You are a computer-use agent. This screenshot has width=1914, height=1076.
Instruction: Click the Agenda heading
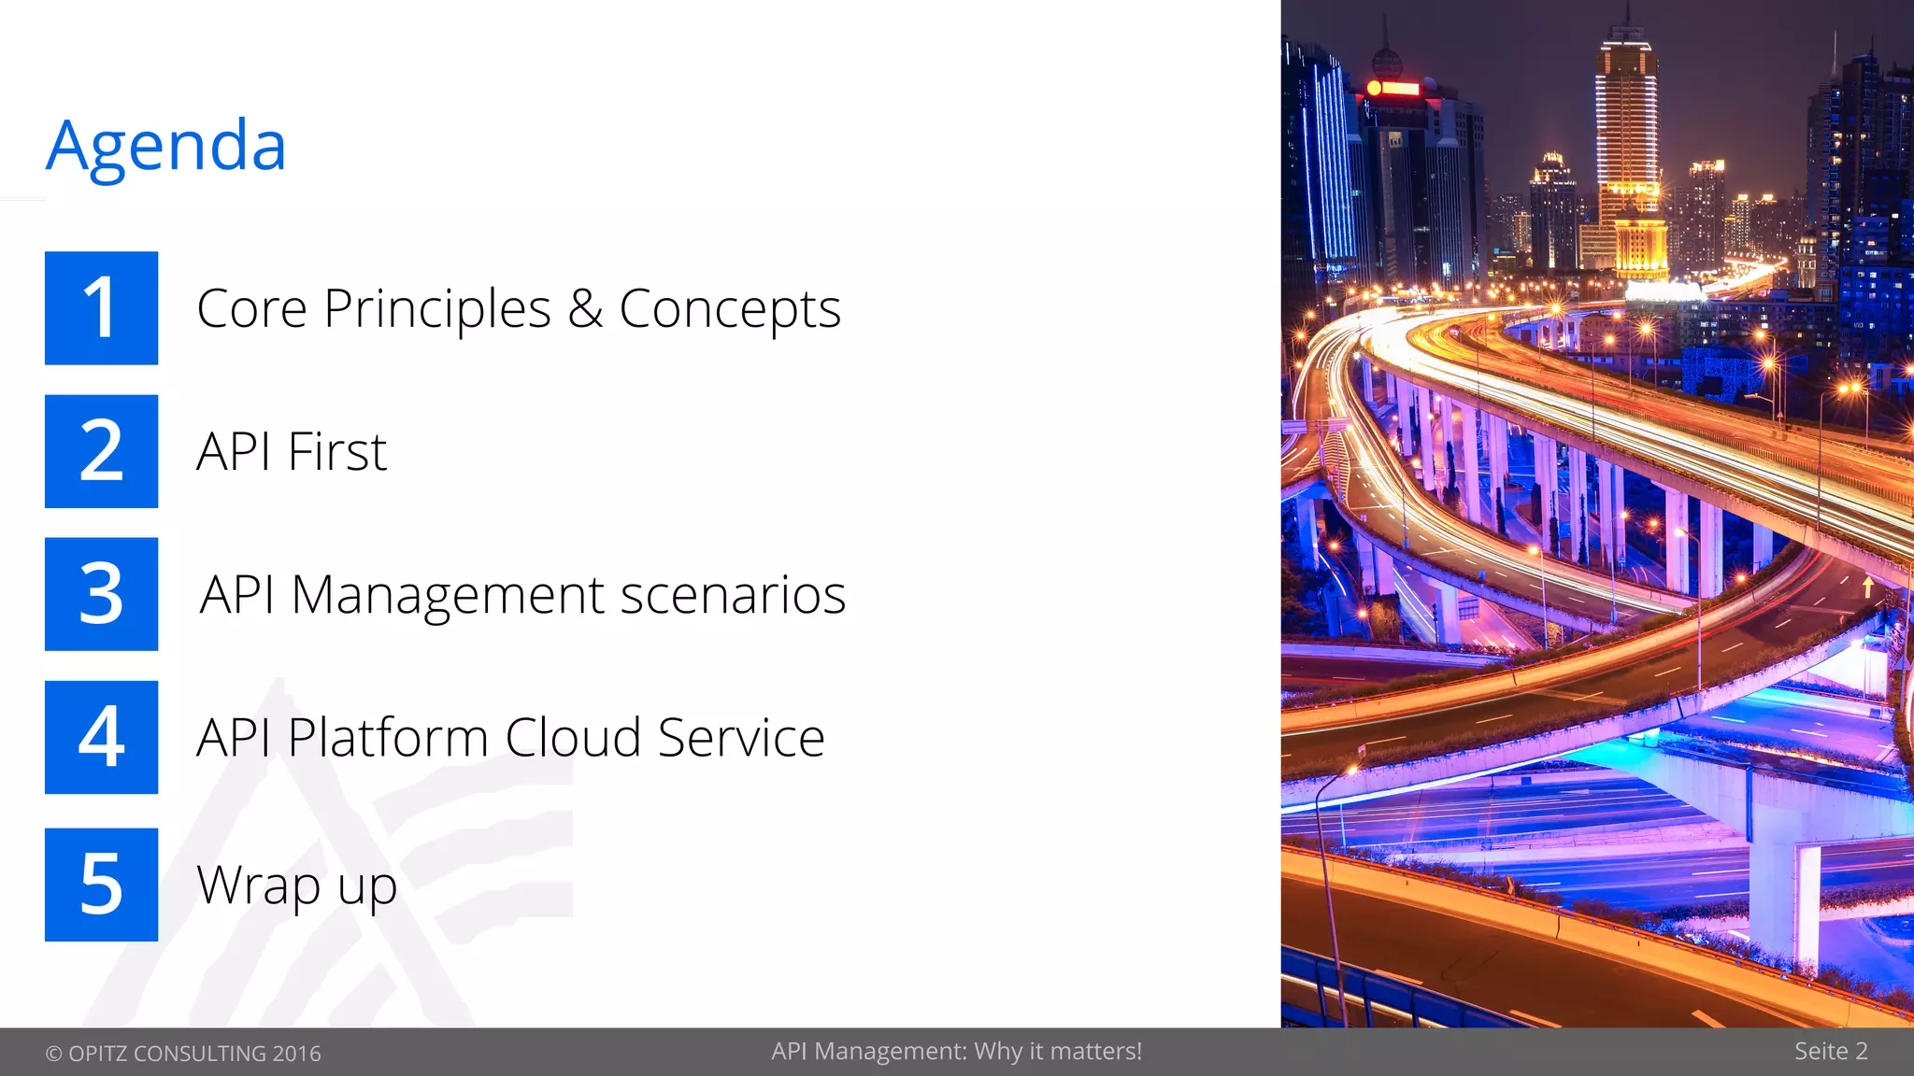tap(166, 147)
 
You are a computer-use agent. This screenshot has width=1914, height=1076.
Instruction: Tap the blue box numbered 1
tap(101, 308)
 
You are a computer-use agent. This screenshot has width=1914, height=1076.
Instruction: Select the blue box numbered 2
tap(101, 451)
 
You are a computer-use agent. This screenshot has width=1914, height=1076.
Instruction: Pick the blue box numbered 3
tap(101, 594)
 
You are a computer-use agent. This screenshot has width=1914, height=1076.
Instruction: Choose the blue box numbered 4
tap(101, 737)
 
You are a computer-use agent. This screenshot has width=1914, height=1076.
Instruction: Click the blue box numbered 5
tap(101, 884)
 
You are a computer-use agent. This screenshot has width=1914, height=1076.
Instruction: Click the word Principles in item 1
tap(437, 310)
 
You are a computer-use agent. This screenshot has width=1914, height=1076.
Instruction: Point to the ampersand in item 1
tap(585, 308)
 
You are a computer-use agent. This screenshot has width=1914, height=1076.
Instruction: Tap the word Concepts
tap(730, 310)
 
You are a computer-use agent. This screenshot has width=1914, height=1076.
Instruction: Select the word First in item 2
tap(337, 452)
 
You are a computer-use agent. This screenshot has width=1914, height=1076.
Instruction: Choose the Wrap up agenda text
tap(297, 885)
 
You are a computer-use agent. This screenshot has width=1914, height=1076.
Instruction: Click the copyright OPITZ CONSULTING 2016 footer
tap(183, 1054)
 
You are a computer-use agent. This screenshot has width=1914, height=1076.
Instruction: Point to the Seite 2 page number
tap(1831, 1052)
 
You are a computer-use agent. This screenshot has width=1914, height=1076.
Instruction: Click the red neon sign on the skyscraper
tap(1393, 89)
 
